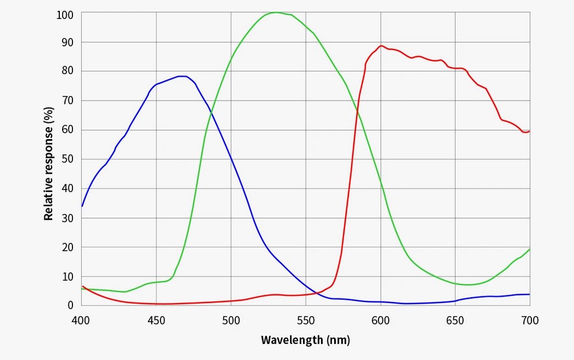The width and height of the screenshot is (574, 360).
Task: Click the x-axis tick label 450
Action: (156, 320)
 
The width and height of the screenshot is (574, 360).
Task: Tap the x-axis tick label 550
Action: (305, 320)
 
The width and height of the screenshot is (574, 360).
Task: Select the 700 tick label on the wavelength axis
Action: (529, 320)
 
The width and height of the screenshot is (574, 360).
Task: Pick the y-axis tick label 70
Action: (68, 100)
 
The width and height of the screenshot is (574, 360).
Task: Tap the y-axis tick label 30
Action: (68, 218)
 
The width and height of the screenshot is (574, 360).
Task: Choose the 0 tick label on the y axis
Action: (70, 305)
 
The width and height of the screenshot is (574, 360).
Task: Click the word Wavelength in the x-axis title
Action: (292, 340)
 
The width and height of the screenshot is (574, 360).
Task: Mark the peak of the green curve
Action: (276, 12)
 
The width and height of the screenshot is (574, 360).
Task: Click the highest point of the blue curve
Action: (182, 76)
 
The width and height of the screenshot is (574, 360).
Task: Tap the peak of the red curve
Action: (381, 45)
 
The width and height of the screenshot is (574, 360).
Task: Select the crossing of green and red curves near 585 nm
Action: (358, 112)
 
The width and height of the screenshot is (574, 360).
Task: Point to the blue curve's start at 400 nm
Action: (82, 206)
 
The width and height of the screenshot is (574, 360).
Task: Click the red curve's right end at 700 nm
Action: (529, 131)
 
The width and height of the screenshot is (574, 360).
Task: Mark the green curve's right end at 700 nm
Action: (529, 249)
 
